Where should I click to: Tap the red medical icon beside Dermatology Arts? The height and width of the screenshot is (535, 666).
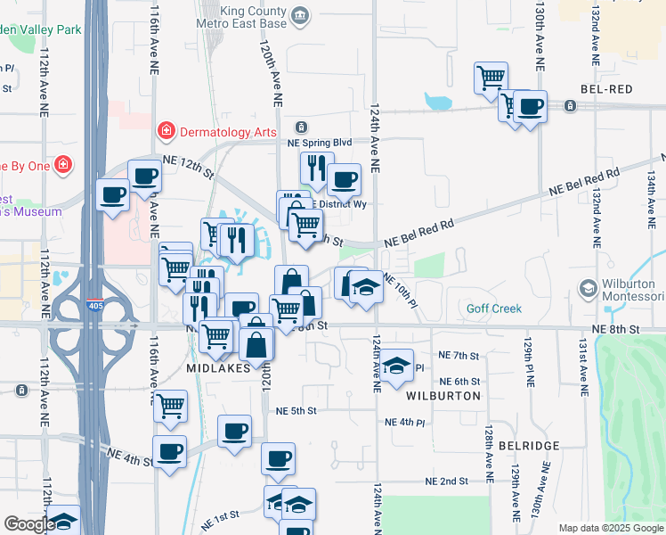tap(166, 132)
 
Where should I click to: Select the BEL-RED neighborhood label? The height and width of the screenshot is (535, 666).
tap(605, 90)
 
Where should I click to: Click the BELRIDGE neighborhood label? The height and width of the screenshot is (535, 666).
tap(529, 445)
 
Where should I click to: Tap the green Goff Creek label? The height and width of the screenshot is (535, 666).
tap(494, 309)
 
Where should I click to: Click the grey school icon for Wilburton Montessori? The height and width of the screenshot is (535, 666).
tap(588, 289)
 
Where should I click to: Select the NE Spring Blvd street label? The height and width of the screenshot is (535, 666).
tap(320, 143)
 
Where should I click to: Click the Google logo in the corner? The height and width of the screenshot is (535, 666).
tap(28, 524)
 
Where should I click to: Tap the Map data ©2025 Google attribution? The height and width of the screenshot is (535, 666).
tap(611, 528)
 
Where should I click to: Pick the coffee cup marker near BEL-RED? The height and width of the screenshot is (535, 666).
tap(531, 106)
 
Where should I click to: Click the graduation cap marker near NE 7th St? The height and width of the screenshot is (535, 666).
tap(397, 364)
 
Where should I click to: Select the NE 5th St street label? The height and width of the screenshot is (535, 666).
tap(296, 411)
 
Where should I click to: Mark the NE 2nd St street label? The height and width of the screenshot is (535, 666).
tap(446, 481)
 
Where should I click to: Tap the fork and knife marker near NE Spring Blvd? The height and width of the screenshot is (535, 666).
tap(315, 167)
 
